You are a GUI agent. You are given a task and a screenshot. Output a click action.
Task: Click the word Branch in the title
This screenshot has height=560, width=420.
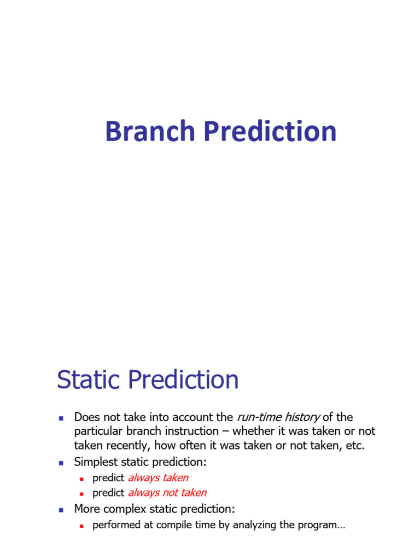click(142, 132)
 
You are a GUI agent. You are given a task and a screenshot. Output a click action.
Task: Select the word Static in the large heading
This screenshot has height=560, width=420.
click(85, 380)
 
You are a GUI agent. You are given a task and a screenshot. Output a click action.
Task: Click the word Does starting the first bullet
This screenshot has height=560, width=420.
click(86, 417)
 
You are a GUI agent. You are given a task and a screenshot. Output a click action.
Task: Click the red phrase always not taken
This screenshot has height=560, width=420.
click(167, 493)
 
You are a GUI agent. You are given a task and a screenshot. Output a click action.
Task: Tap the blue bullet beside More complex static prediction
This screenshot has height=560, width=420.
click(62, 510)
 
